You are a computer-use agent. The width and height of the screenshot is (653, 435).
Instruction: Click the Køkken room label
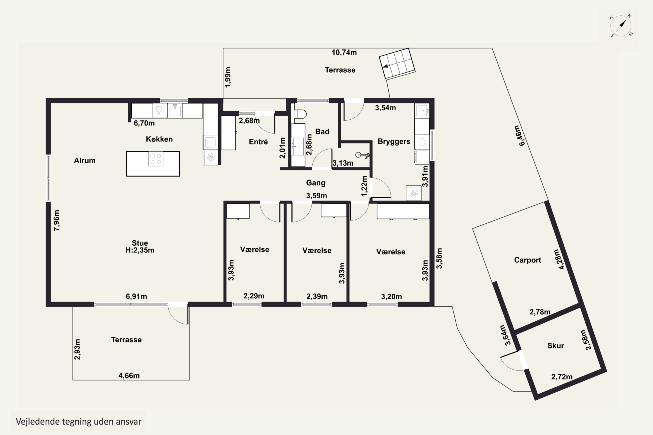159,139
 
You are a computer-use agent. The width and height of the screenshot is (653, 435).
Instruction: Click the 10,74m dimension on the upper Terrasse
344,52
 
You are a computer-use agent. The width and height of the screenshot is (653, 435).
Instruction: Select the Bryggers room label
394,142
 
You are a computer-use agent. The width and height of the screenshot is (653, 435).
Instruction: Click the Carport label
527,260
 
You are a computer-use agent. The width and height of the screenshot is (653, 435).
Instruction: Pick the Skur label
555,345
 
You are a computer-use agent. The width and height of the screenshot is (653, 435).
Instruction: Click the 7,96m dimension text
56,220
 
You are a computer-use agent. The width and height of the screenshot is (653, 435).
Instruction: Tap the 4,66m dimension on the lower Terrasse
129,376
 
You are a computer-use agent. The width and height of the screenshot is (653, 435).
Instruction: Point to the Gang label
316,183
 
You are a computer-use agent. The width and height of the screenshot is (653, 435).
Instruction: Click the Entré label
258,142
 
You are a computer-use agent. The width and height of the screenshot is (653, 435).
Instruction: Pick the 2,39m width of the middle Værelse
317,297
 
